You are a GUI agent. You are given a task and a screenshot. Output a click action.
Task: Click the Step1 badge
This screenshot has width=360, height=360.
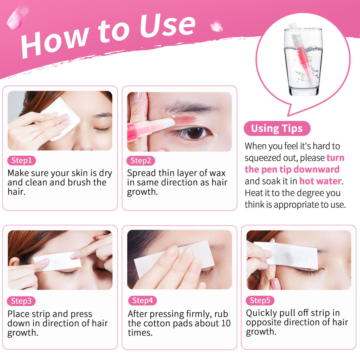pos(22,160)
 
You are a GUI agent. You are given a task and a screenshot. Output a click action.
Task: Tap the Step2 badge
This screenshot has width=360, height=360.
pos(141,161)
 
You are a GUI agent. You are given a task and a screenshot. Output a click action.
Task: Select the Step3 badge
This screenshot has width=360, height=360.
pos(21,301)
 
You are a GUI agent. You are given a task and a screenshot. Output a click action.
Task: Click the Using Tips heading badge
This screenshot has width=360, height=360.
pos(277,128)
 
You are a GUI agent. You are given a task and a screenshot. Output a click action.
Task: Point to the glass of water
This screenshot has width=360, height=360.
pos(303,62)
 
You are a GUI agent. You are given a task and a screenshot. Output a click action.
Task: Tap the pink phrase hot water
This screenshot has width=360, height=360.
pos(320,181)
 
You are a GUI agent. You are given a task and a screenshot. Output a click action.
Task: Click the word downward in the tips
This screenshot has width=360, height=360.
pos(316,169)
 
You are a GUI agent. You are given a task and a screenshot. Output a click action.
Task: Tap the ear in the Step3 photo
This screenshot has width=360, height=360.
pos(15,262)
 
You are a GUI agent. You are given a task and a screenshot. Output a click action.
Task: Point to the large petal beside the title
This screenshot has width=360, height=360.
pos(17,18)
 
